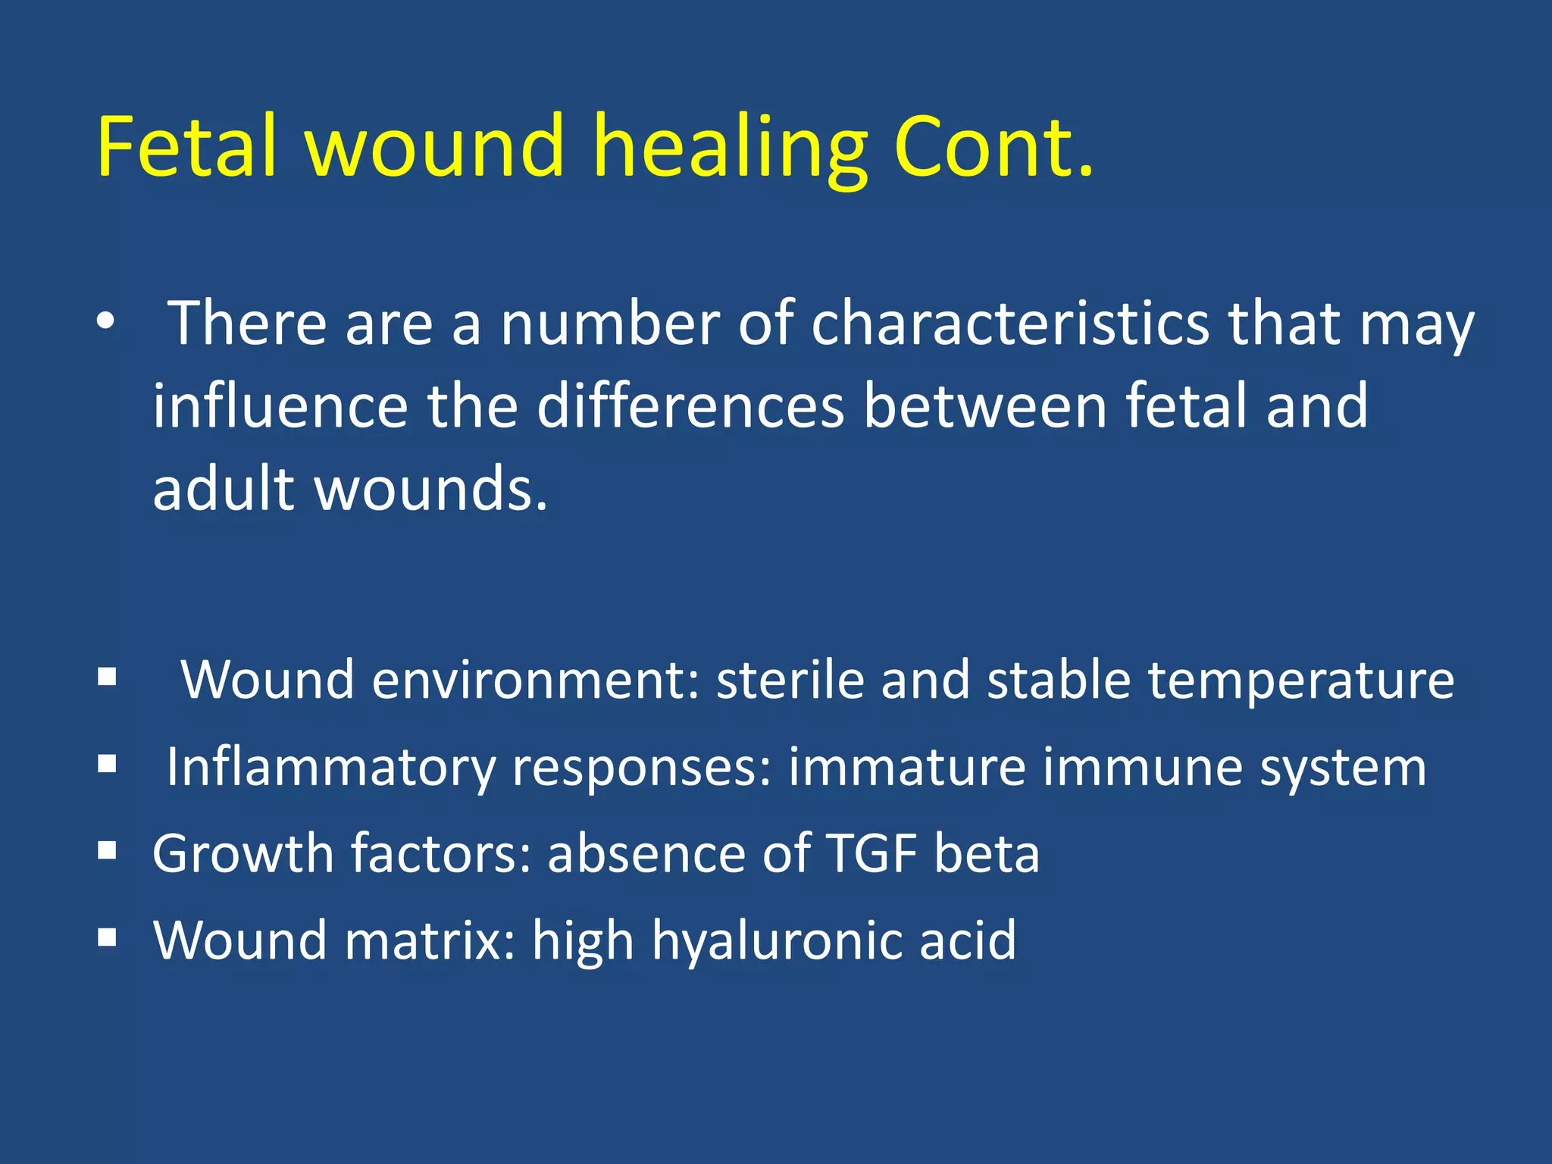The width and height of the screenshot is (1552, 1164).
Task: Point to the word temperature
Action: coord(1300,681)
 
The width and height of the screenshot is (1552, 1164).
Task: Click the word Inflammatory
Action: coord(330,768)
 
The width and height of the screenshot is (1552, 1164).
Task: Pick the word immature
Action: coord(906,767)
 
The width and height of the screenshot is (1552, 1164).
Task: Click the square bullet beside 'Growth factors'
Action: coord(107,850)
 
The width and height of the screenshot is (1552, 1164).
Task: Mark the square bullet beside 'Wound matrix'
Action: coord(107,937)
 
